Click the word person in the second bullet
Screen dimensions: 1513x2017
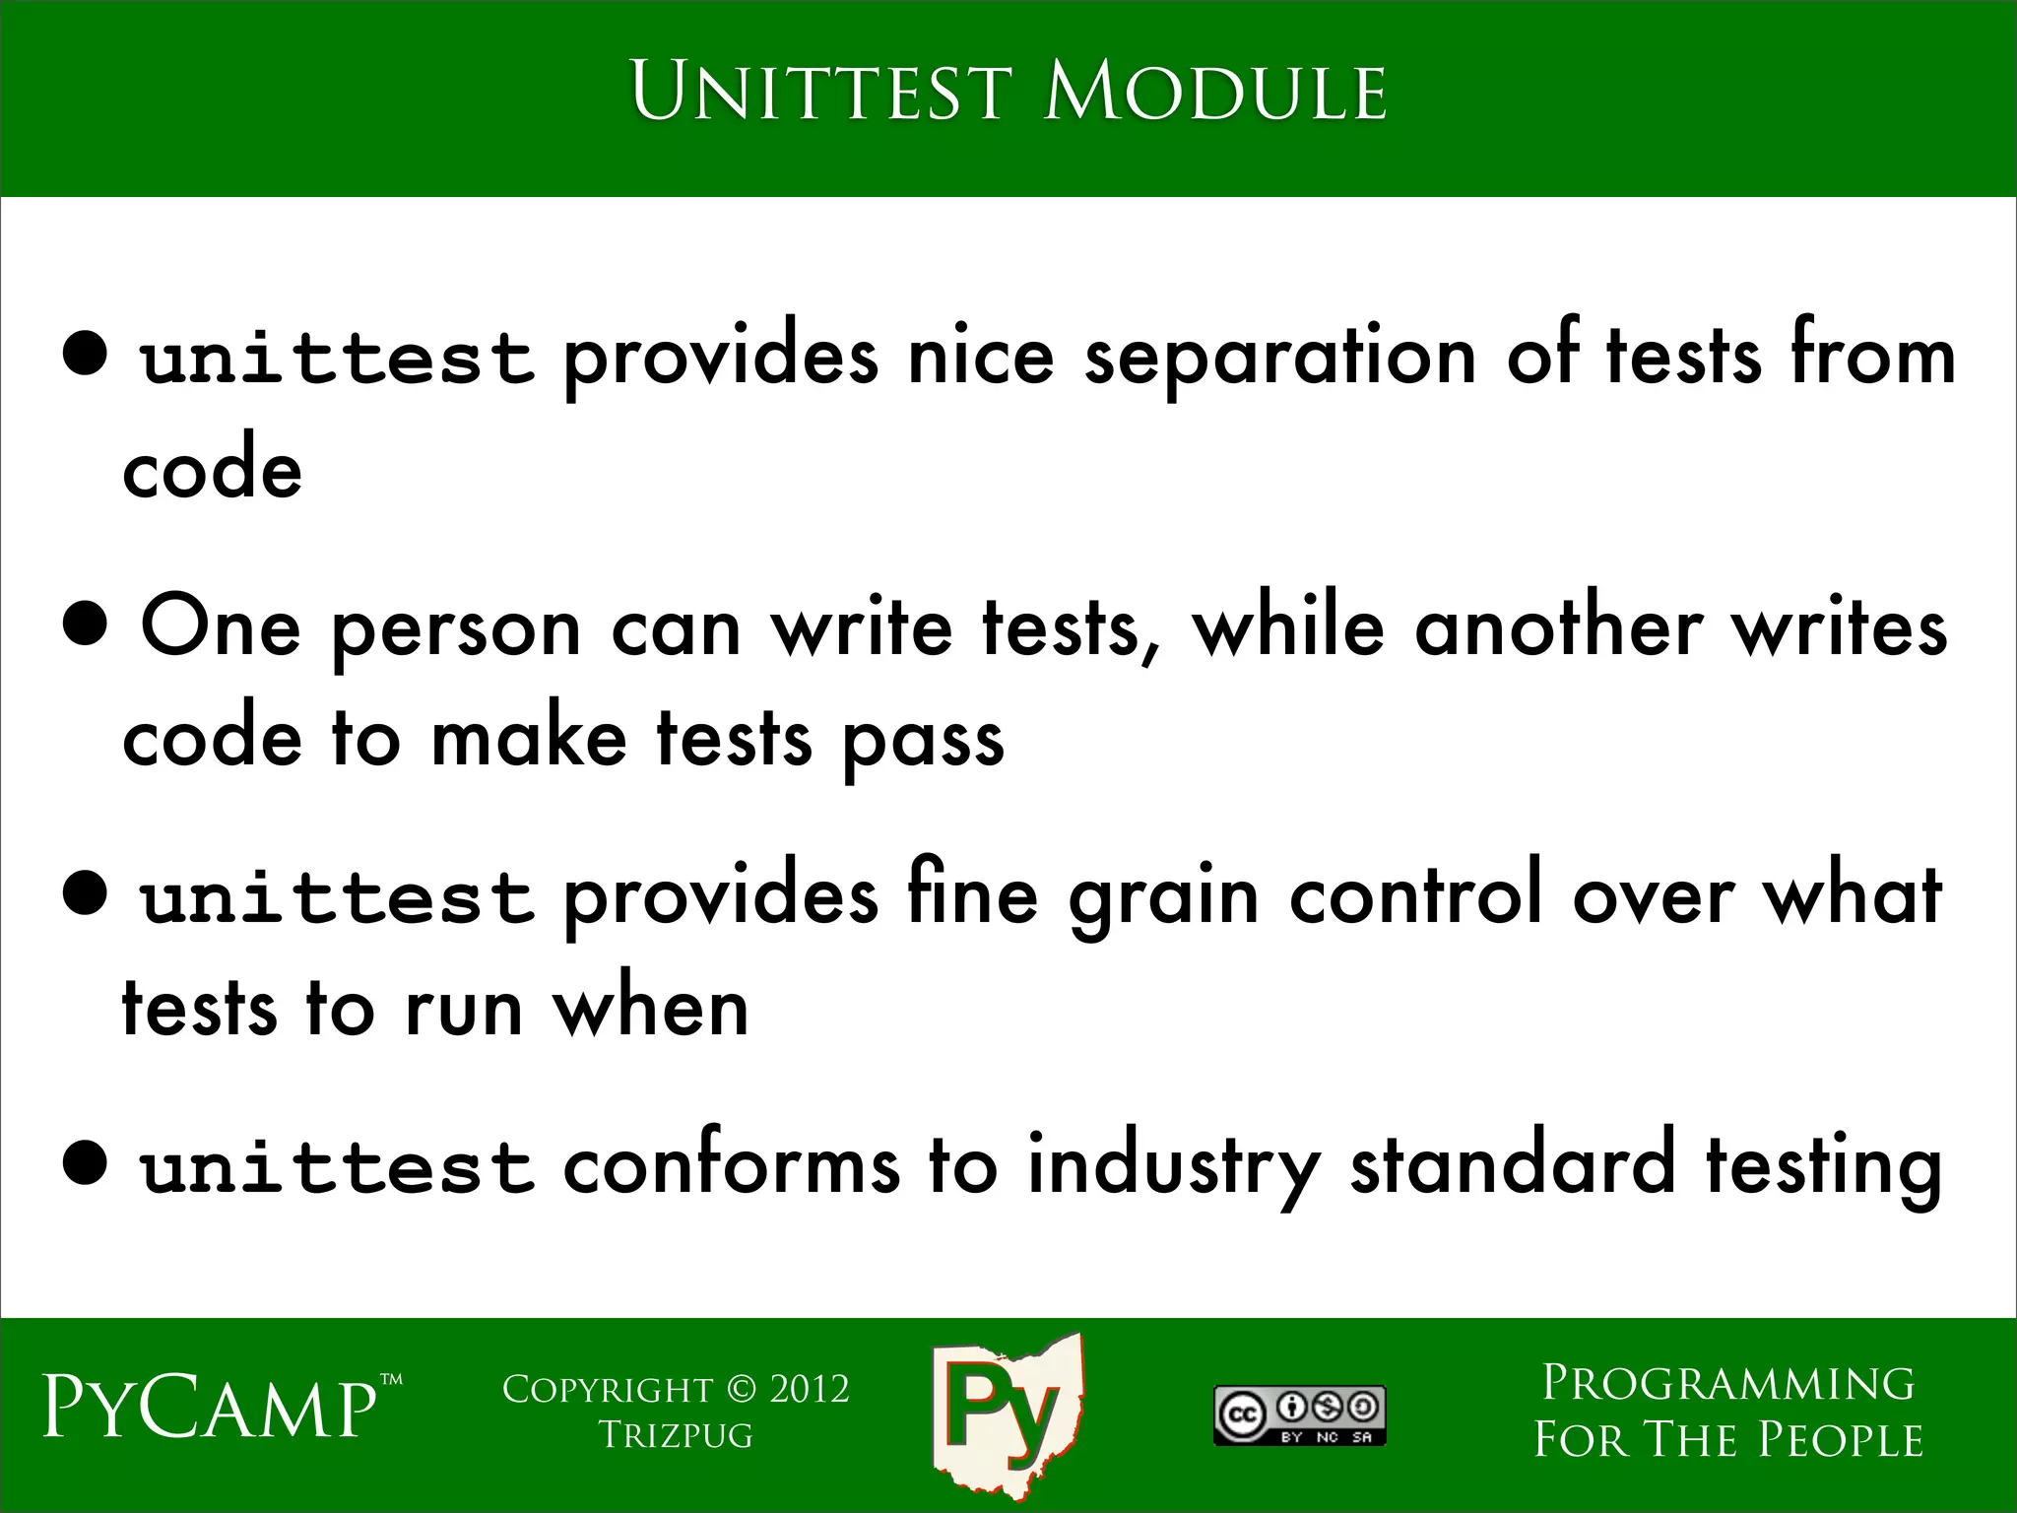click(x=457, y=631)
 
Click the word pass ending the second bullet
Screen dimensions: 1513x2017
click(x=923, y=744)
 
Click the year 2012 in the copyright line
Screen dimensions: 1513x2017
click(x=809, y=1390)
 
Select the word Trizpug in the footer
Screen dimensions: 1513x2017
click(x=676, y=1435)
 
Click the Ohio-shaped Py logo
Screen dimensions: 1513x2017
click(x=1007, y=1414)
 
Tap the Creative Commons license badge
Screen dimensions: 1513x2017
click(x=1299, y=1415)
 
